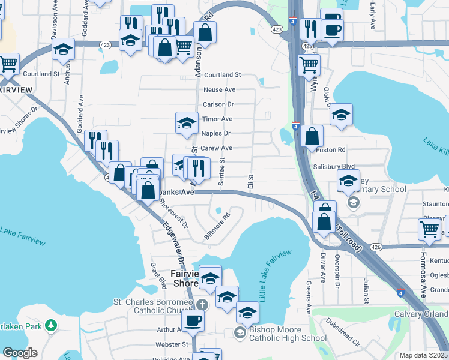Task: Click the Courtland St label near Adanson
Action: (221, 75)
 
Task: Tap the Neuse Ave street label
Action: (219, 89)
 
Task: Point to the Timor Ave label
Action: (217, 119)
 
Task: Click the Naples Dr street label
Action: (215, 133)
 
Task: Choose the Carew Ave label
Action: (216, 148)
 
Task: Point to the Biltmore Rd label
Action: (217, 227)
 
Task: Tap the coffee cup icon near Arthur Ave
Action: (193, 320)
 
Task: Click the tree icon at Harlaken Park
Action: (52, 325)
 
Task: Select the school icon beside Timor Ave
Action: (187, 123)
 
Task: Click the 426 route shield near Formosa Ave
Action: (376, 247)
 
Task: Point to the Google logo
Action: (20, 353)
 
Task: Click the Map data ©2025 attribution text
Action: (423, 355)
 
